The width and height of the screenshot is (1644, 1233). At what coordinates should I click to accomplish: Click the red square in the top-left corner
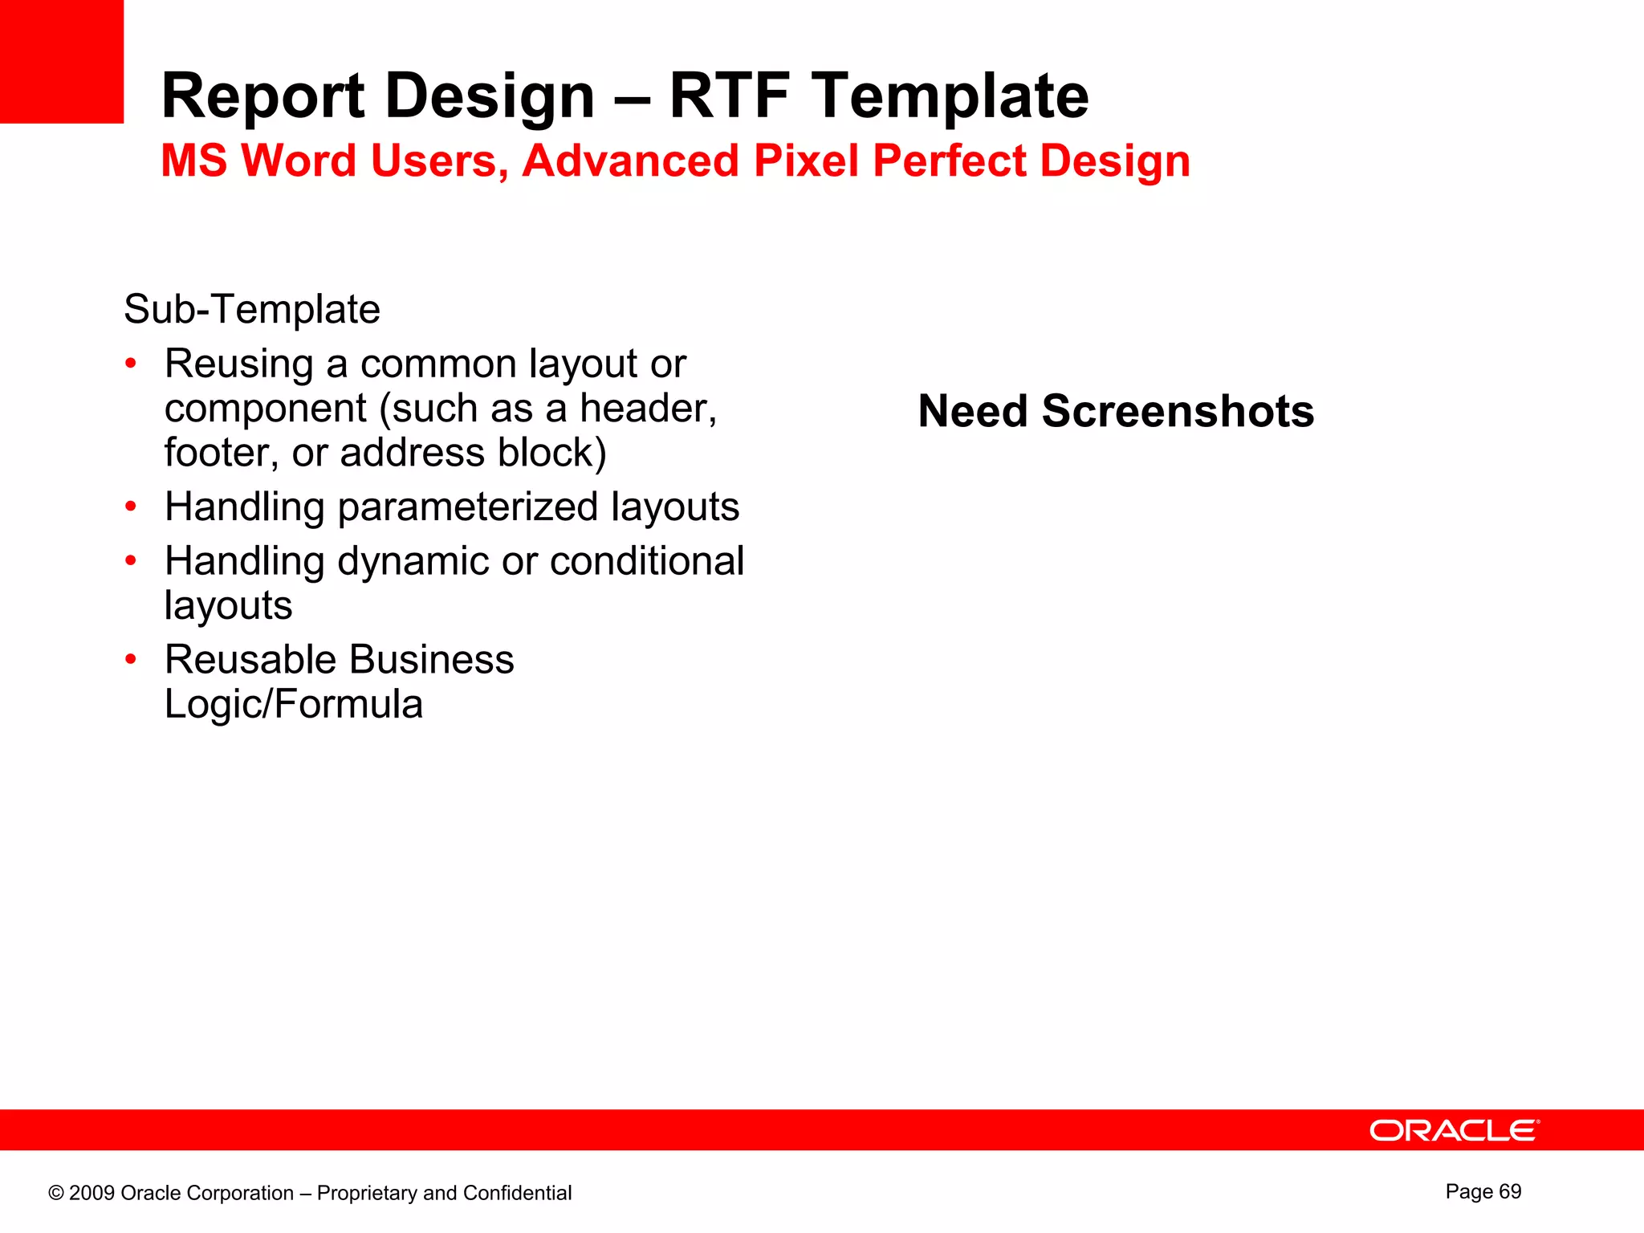click(61, 61)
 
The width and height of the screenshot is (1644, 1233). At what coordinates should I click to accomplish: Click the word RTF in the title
click(729, 96)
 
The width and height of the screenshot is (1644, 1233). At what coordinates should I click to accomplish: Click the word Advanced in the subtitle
click(629, 161)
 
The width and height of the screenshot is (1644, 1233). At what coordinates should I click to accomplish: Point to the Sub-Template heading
click(252, 309)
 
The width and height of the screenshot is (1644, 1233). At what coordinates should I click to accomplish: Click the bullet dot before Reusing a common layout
click(131, 364)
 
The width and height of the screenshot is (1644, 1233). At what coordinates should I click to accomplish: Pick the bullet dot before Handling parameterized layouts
click(131, 507)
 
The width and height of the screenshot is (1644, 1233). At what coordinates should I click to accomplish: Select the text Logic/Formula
click(293, 704)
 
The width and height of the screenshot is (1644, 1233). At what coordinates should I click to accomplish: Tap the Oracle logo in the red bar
click(1454, 1130)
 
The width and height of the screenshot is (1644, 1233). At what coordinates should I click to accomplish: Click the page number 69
click(1509, 1191)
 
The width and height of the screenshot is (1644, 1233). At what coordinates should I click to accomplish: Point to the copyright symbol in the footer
click(56, 1194)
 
